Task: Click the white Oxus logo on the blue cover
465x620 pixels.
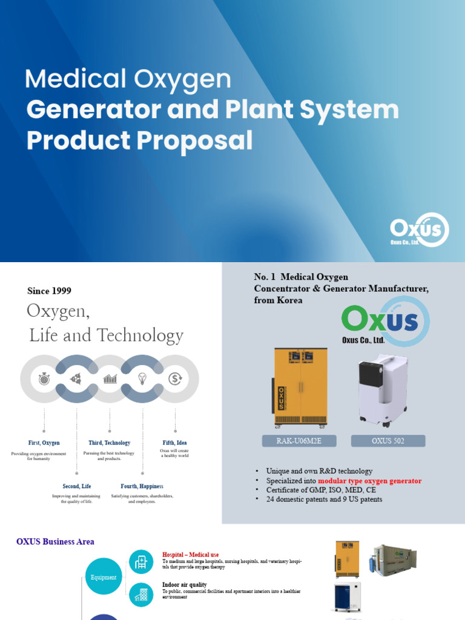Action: click(419, 230)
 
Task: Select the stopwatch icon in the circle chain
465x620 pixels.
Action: click(44, 379)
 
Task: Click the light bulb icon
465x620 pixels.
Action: click(142, 379)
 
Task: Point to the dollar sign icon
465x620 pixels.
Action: click(176, 379)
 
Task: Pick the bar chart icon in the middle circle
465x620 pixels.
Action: click(110, 379)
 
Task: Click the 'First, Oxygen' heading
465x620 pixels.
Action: click(44, 443)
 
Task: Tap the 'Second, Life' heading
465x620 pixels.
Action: click(77, 486)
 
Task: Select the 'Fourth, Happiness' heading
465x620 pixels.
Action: click(142, 486)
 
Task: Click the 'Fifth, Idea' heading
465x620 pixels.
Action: click(174, 443)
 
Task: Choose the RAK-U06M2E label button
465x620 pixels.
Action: click(299, 441)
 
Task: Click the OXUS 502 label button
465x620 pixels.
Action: click(388, 441)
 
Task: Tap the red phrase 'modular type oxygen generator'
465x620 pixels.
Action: click(369, 481)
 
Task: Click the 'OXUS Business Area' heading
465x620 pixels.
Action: click(55, 541)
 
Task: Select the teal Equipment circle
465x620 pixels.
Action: click(104, 577)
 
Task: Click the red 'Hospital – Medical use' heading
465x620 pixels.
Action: click(191, 555)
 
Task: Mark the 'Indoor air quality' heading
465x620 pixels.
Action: click(185, 585)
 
